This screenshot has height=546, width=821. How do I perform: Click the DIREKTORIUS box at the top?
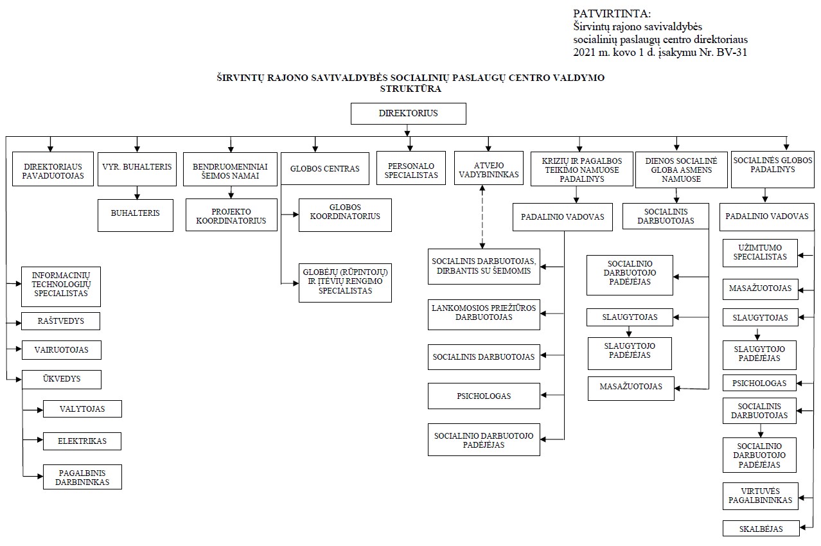point(409,114)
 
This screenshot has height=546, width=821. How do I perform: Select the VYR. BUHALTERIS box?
point(137,169)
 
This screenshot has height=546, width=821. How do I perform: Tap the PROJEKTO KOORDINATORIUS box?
point(231,215)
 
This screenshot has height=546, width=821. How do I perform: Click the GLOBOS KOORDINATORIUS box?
point(345,215)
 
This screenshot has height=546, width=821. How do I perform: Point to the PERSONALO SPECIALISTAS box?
point(411,168)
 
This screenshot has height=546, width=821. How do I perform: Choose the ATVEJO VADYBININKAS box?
point(489,168)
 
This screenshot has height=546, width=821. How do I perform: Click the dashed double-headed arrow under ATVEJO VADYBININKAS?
point(482,217)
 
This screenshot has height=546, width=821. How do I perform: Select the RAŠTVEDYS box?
point(60,321)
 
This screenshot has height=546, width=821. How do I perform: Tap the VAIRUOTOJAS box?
point(62,350)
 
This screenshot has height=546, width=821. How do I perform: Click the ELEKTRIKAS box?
point(82,441)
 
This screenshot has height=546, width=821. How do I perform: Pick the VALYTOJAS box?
point(82,409)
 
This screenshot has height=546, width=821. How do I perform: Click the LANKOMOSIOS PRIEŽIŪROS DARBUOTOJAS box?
point(484,315)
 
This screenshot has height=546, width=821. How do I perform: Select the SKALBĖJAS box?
point(761,529)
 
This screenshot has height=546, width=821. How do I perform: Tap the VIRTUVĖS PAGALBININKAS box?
point(760,496)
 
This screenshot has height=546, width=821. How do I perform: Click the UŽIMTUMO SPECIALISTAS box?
point(760,253)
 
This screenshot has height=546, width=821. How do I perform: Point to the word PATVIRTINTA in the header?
point(612,13)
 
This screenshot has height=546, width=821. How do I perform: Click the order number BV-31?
point(732,53)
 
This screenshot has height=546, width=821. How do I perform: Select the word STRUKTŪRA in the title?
point(410,89)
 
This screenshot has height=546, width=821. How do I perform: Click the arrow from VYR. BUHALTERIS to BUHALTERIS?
point(137,193)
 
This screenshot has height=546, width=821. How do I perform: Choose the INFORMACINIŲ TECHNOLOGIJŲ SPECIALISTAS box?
point(61,287)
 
